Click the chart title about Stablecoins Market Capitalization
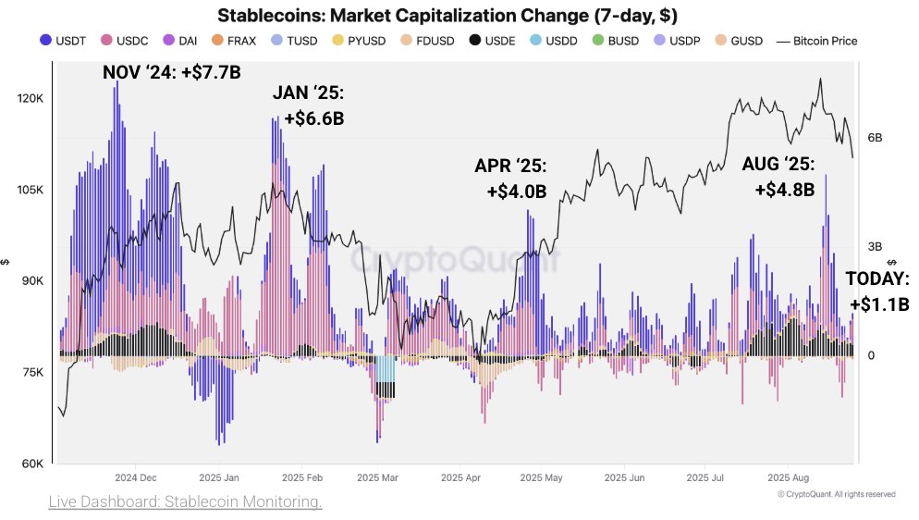[459, 16]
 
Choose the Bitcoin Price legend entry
[818, 40]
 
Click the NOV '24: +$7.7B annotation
[171, 71]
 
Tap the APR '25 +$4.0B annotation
[510, 179]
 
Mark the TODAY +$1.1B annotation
[878, 291]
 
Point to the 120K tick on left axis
[31, 98]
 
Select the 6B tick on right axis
[874, 138]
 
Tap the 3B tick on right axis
[874, 247]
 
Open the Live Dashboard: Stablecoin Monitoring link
[185, 501]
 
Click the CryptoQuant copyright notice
[836, 494]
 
